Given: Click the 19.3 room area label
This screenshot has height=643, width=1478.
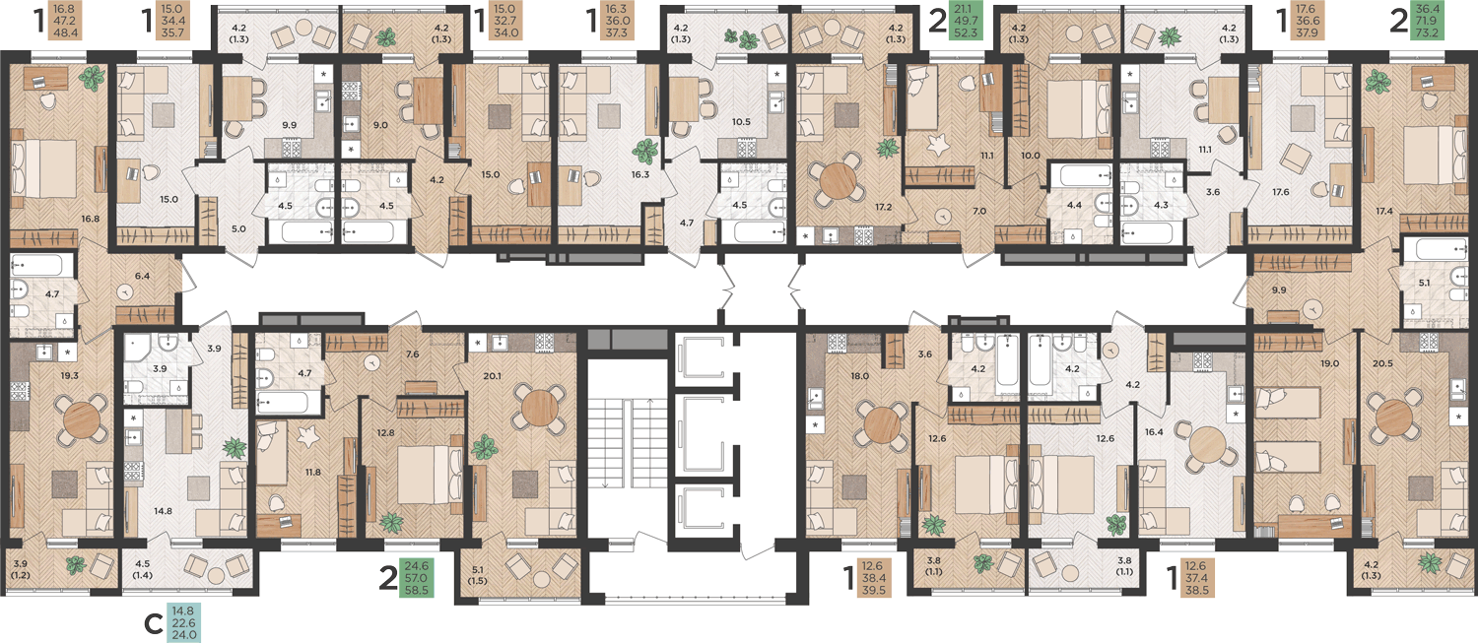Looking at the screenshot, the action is pyautogui.click(x=70, y=375).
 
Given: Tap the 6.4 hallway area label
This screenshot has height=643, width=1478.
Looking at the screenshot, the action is pyautogui.click(x=143, y=276).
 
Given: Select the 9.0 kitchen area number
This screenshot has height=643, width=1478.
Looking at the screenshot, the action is pyautogui.click(x=380, y=125).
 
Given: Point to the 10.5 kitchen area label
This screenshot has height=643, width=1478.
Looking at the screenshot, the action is pyautogui.click(x=742, y=122).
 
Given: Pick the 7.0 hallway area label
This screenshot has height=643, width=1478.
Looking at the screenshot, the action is pyautogui.click(x=979, y=212).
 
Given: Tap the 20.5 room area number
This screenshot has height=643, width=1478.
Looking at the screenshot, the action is pyautogui.click(x=1382, y=363).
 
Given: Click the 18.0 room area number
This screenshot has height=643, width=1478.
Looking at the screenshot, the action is pyautogui.click(x=860, y=376).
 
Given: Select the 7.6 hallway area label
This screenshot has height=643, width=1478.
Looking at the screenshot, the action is pyautogui.click(x=413, y=354).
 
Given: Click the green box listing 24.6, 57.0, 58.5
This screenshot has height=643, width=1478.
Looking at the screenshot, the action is pyautogui.click(x=417, y=578).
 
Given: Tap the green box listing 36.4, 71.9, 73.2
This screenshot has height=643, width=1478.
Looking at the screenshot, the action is pyautogui.click(x=1427, y=21).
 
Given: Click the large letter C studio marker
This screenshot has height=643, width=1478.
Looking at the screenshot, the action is pyautogui.click(x=153, y=624).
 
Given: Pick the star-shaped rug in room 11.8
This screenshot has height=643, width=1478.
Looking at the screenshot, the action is pyautogui.click(x=306, y=436).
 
